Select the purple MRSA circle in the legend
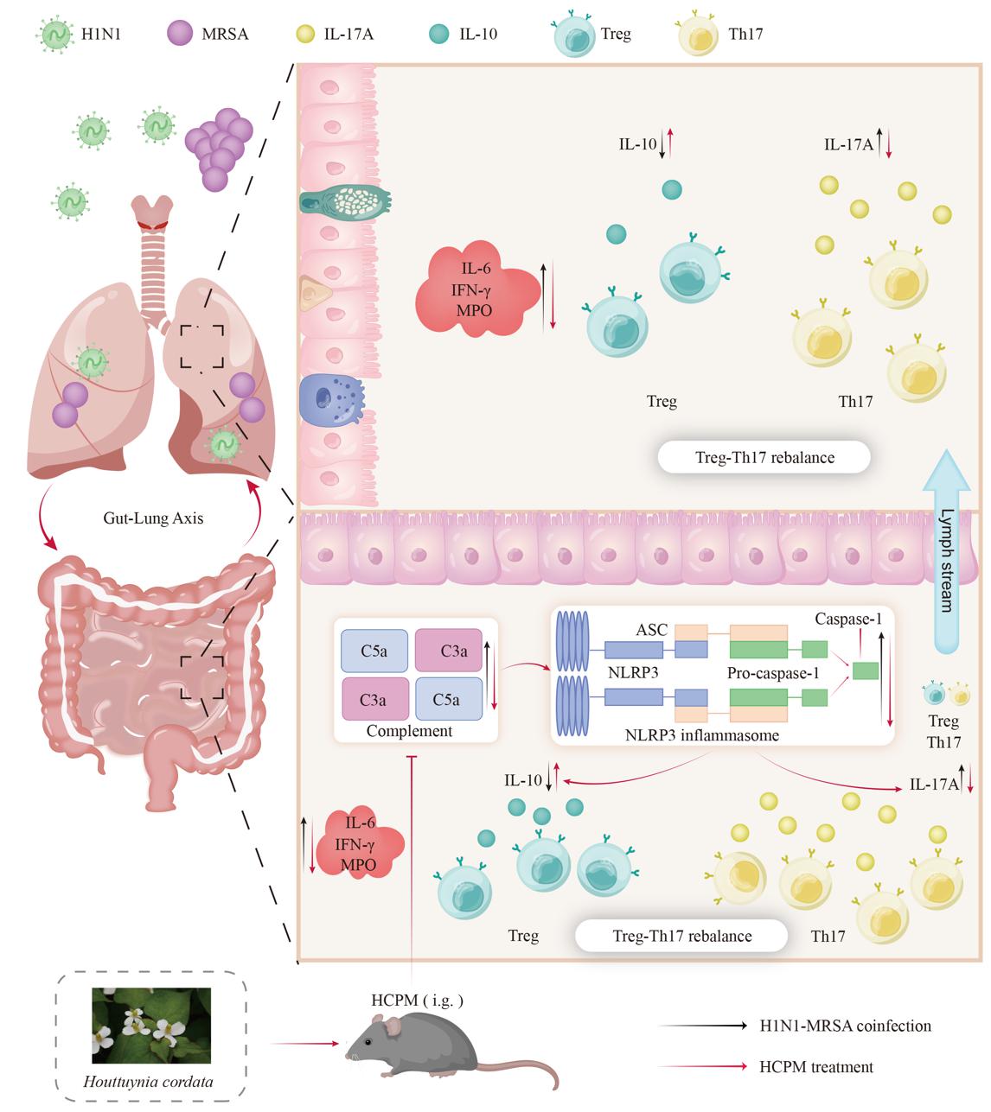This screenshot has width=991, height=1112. coord(180,35)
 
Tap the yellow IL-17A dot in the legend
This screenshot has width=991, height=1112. coord(304,35)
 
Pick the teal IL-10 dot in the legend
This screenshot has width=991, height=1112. coord(439,35)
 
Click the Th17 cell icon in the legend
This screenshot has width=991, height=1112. coord(700,35)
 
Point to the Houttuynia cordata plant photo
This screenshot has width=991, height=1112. coord(151,1025)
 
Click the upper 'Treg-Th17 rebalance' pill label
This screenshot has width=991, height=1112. coord(764,457)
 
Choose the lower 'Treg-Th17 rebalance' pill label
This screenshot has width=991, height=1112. coord(681,936)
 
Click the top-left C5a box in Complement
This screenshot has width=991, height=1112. coord(374,651)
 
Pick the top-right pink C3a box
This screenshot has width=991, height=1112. coord(449,651)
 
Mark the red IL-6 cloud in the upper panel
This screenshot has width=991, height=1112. coord(476,290)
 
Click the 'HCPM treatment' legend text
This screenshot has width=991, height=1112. coord(815,1067)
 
